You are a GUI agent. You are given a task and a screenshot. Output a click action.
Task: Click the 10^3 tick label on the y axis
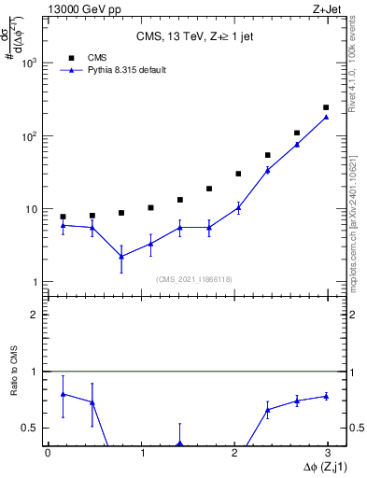click(30, 63)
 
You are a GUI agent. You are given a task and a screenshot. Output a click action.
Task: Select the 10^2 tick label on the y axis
click(30, 136)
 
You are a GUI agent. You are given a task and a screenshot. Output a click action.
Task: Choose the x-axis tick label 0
click(48, 452)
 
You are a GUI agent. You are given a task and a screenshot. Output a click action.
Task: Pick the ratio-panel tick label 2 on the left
click(35, 315)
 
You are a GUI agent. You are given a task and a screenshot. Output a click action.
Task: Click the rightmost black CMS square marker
click(326, 107)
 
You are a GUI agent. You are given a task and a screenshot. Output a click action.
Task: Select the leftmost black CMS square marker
click(63, 217)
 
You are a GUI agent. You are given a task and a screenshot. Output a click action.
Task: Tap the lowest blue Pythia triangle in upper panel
click(121, 256)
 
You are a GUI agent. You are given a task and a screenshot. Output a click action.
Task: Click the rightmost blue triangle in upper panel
click(326, 117)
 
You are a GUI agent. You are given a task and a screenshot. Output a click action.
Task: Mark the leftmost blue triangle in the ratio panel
click(63, 394)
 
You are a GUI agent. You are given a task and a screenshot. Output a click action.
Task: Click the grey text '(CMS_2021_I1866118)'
click(193, 279)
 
